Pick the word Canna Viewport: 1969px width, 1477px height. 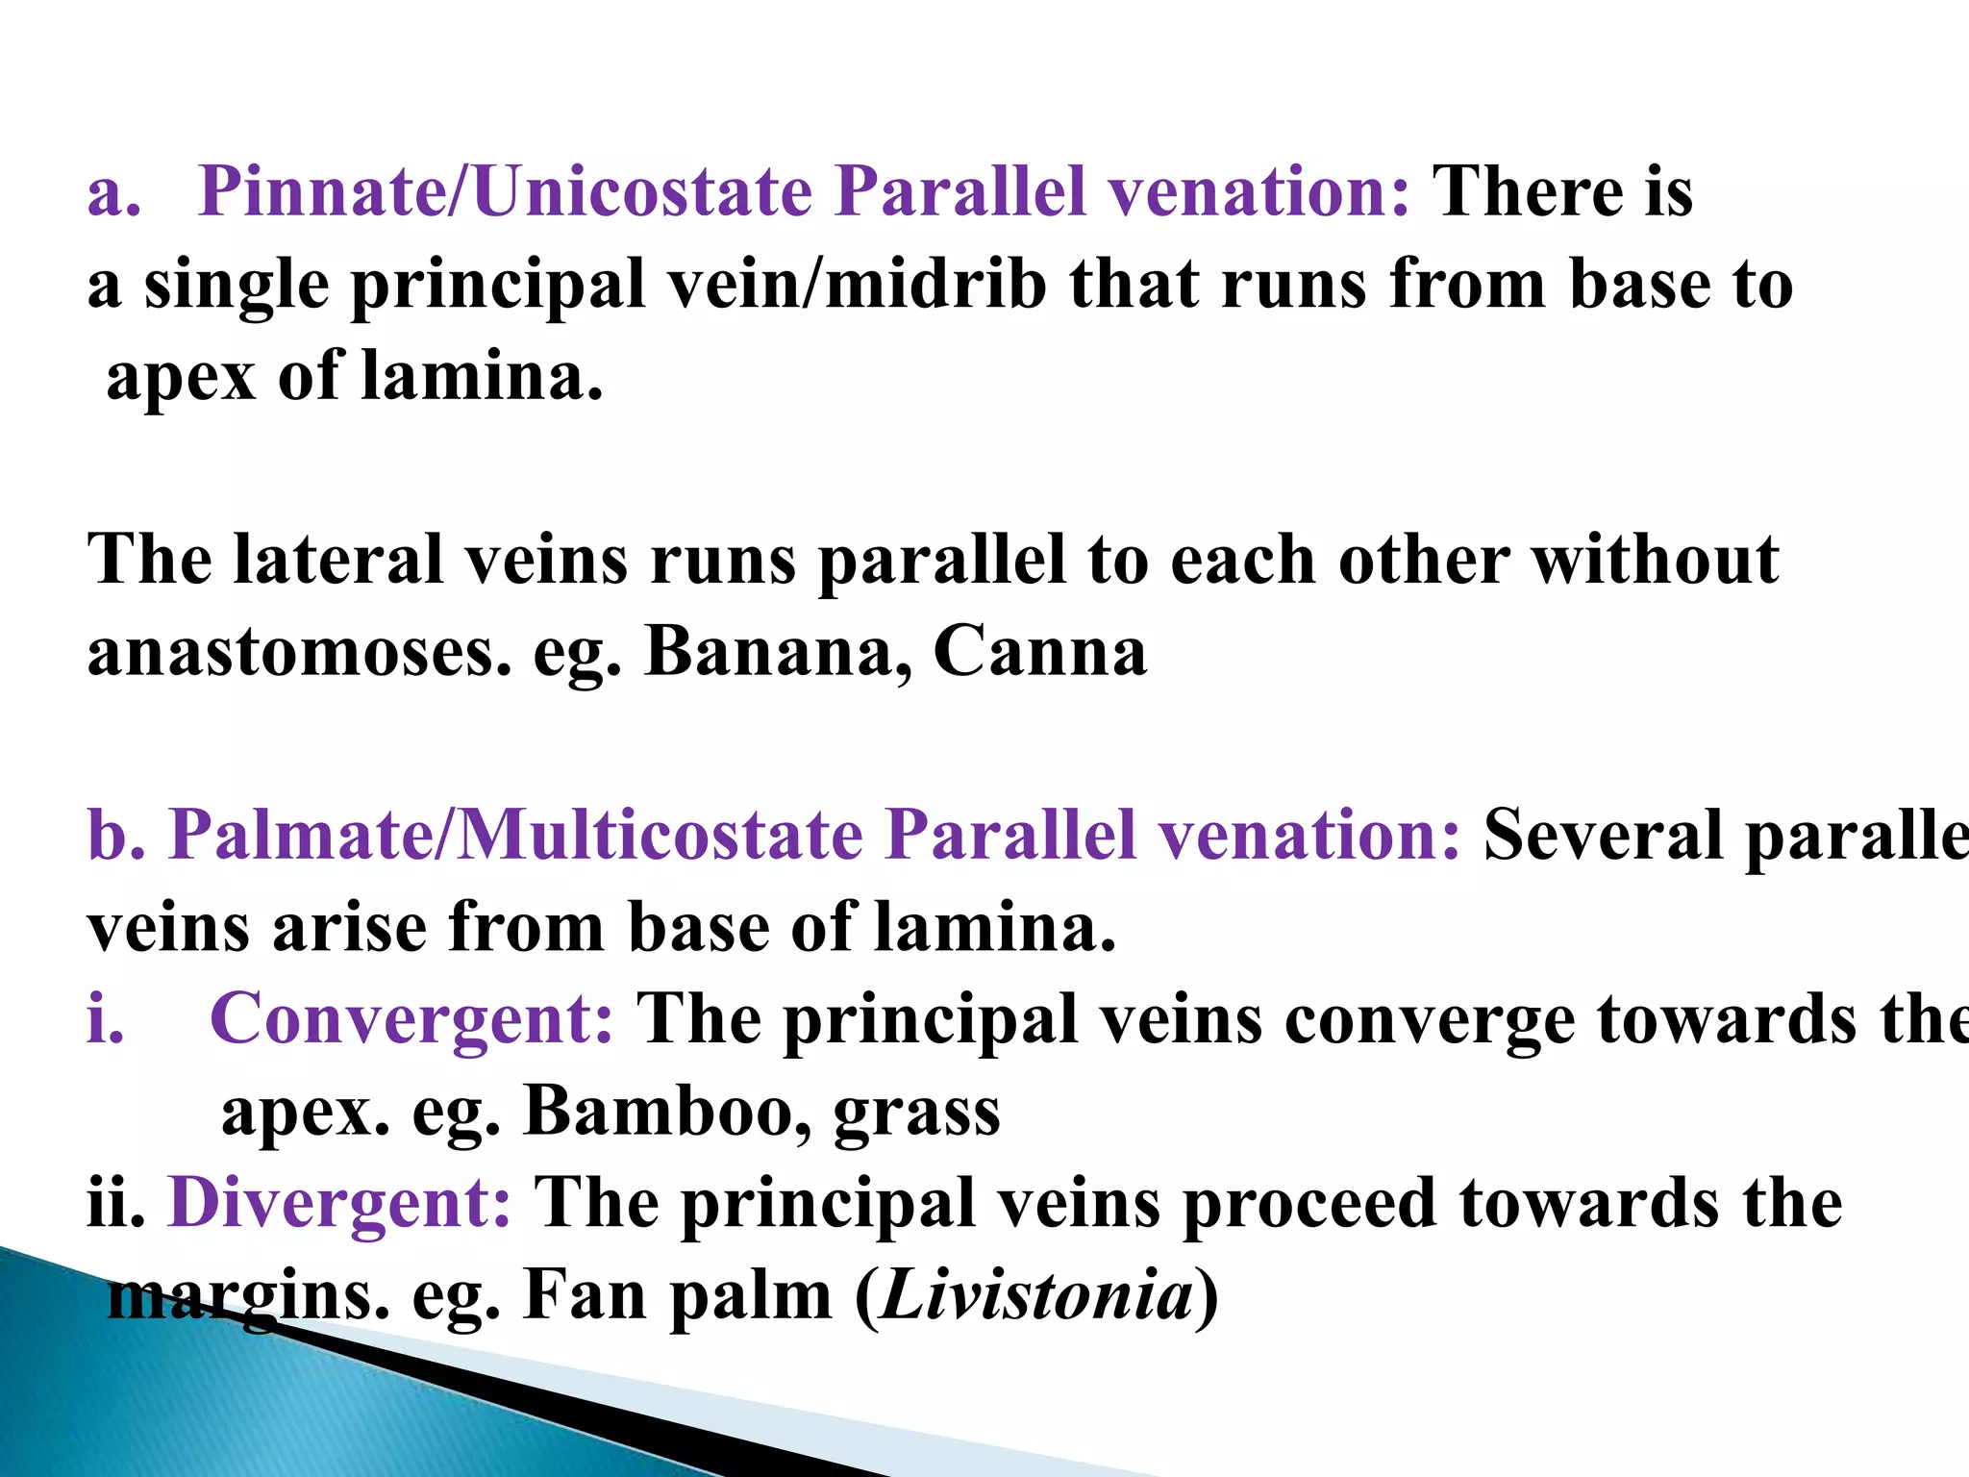(1040, 652)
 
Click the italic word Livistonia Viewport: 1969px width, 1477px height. (1036, 1296)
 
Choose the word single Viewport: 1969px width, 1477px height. (237, 287)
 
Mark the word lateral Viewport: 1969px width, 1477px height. (337, 560)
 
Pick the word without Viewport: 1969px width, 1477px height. (1655, 560)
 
